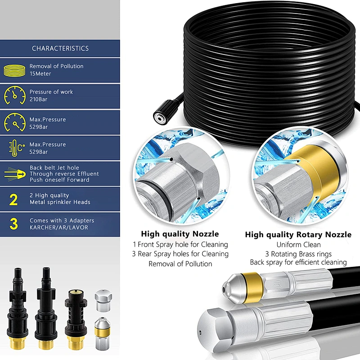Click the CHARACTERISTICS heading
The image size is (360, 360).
pos(60,48)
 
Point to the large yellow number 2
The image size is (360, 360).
pos(14,199)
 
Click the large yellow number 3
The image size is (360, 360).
pos(14,224)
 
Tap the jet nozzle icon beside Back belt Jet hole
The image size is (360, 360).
pos(14,174)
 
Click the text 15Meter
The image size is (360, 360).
pos(40,73)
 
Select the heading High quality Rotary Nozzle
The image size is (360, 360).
pos(298,234)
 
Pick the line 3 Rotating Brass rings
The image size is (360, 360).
pos(298,253)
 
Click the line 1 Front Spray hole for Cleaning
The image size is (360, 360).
pos(180,244)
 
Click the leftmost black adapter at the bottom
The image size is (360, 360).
pos(19,306)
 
